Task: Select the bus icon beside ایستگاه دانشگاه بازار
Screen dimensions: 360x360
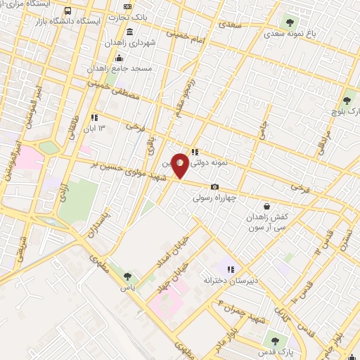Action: pyautogui.click(x=68, y=11)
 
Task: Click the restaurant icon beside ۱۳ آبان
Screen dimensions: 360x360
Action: pyautogui.click(x=94, y=117)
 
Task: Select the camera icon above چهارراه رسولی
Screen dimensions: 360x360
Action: pyautogui.click(x=215, y=186)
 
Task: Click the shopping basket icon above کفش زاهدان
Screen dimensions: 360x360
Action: pyautogui.click(x=266, y=206)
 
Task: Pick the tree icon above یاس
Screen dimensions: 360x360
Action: pyautogui.click(x=127, y=277)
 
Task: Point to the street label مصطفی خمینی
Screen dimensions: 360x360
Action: pyautogui.click(x=113, y=90)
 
